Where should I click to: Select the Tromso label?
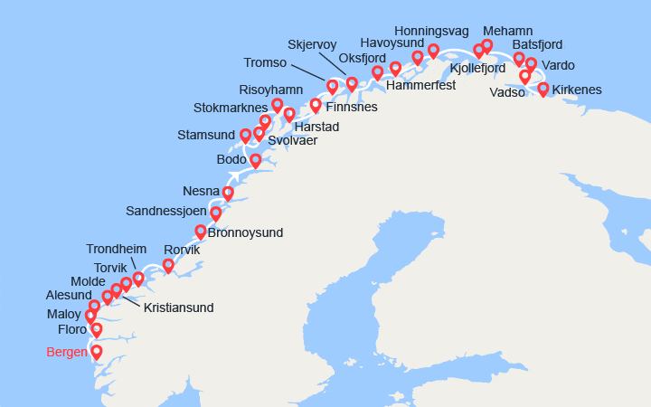[x=265, y=62]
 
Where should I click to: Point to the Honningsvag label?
[x=431, y=30]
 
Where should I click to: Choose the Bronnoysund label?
[x=245, y=232]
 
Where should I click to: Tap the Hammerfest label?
[x=420, y=85]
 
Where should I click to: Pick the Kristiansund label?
[x=178, y=308]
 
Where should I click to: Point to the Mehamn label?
[x=507, y=31]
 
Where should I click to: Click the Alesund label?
[x=69, y=295]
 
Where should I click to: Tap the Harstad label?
[x=316, y=127]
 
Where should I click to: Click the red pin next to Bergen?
[x=96, y=352]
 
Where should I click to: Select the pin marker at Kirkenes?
[x=543, y=89]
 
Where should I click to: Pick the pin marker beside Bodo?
[x=256, y=160]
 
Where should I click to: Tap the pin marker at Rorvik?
[x=168, y=265]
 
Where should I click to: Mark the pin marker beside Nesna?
[x=228, y=192]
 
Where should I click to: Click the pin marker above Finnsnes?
[x=316, y=104]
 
